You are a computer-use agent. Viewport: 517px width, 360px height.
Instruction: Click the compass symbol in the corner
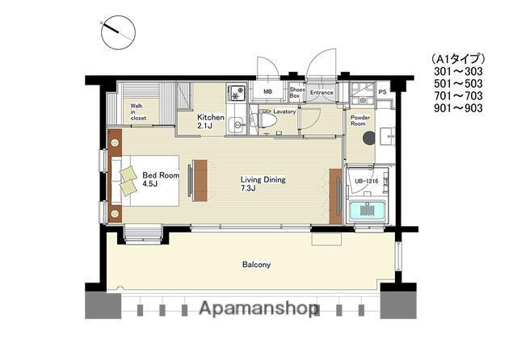pos(119,32)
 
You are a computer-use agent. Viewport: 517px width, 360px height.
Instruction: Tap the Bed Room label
pos(161,179)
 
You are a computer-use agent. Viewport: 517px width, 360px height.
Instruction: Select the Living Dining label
pos(263,184)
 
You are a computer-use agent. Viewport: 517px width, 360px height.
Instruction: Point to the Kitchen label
pos(211,121)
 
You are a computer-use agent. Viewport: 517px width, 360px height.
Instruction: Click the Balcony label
pos(256,265)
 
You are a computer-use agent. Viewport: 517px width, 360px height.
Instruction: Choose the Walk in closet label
pos(138,111)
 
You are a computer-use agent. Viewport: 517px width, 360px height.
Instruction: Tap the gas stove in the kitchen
pos(236,92)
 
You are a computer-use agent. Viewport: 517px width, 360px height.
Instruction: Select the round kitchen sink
pos(236,125)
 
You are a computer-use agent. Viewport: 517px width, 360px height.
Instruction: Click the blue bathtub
pos(366,210)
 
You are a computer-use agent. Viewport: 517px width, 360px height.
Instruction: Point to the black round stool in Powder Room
pos(369,138)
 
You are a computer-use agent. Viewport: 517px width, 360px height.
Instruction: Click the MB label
pos(267,92)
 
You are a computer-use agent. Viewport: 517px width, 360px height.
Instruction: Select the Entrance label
pos(322,93)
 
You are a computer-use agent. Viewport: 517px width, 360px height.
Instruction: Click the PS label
pos(382,92)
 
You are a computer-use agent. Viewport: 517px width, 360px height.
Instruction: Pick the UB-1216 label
pos(366,181)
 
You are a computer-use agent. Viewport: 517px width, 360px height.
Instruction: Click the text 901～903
pos(458,108)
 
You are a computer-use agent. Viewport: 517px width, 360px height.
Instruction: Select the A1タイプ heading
pos(458,59)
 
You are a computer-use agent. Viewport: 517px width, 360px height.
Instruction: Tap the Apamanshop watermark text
pos(256,309)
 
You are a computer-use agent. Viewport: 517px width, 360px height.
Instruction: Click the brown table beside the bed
pos(200,181)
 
